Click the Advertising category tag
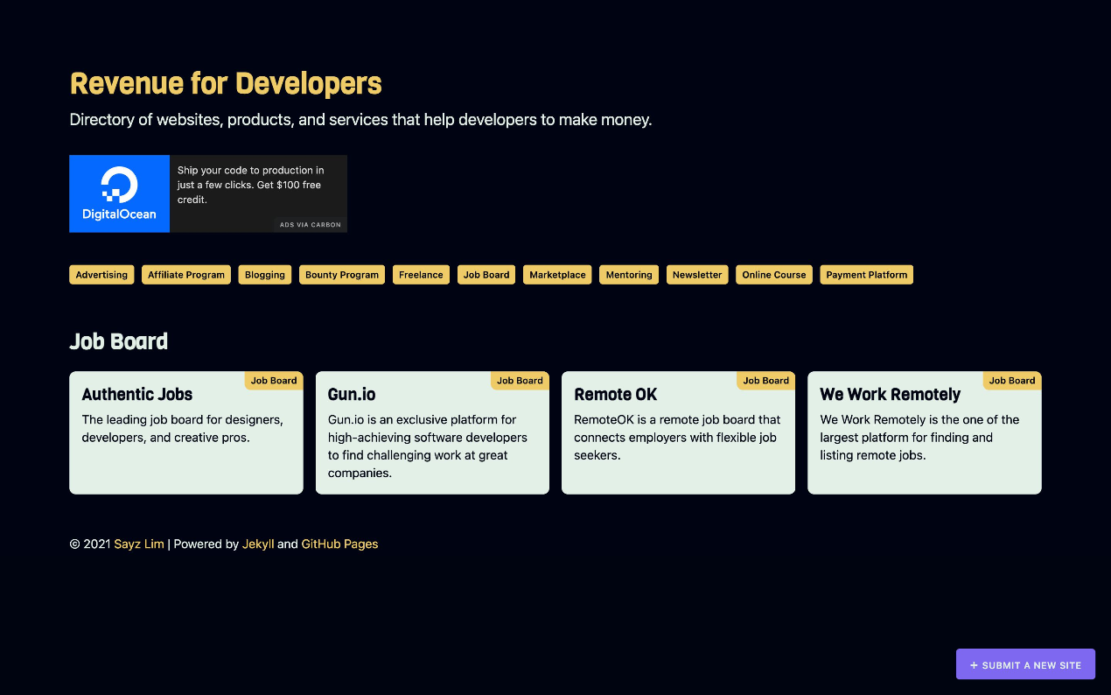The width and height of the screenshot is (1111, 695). click(101, 275)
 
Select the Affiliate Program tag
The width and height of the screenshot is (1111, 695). click(186, 275)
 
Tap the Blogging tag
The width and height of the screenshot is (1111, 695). click(265, 275)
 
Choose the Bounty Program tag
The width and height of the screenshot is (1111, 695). click(342, 275)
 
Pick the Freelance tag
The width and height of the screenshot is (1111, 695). click(421, 275)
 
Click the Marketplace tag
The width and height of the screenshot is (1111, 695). click(557, 275)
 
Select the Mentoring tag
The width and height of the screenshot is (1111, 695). click(629, 275)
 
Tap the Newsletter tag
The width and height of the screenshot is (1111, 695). click(697, 275)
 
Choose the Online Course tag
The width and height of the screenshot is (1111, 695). click(774, 275)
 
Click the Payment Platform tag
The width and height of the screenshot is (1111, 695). click(866, 275)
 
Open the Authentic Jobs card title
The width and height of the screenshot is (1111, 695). click(137, 395)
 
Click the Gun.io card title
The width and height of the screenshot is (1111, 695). click(352, 395)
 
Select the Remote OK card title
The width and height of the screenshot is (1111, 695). click(615, 395)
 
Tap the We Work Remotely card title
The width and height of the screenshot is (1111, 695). click(890, 395)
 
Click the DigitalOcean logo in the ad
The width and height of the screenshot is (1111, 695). click(119, 193)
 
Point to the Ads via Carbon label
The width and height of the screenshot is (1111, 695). click(311, 225)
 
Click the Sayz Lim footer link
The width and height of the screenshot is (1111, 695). click(139, 544)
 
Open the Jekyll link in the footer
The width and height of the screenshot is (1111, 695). click(258, 544)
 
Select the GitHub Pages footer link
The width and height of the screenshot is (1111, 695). click(339, 544)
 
